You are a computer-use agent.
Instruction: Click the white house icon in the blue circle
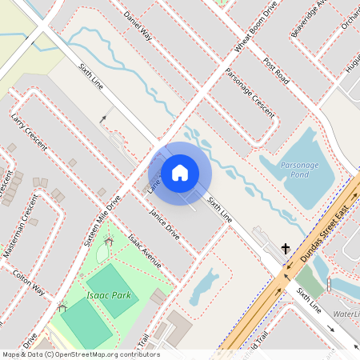pyautogui.click(x=180, y=173)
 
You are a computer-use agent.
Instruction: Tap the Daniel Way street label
pyautogui.click(x=138, y=25)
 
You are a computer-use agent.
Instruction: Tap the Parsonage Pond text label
pyautogui.click(x=299, y=169)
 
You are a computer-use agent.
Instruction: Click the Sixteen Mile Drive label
pyautogui.click(x=102, y=219)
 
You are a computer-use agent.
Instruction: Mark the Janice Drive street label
pyautogui.click(x=164, y=223)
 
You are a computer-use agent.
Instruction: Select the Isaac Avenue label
pyautogui.click(x=145, y=251)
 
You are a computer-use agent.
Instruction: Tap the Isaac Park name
pyautogui.click(x=109, y=295)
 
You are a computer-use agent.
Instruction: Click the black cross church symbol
pyautogui.click(x=286, y=249)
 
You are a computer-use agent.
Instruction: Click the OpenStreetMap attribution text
pyautogui.click(x=80, y=354)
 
